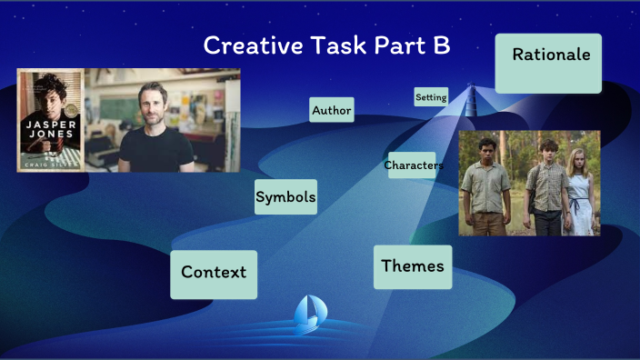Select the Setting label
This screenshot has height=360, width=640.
click(431, 96)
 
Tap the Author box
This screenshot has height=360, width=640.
click(331, 110)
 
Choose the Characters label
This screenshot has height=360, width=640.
click(413, 165)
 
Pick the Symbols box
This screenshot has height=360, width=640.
click(285, 196)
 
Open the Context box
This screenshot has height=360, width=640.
click(214, 273)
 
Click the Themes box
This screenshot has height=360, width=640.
click(413, 266)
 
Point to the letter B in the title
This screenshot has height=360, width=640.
click(441, 45)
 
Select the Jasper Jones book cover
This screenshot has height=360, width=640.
click(50, 120)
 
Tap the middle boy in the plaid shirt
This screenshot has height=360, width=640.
click(546, 186)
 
